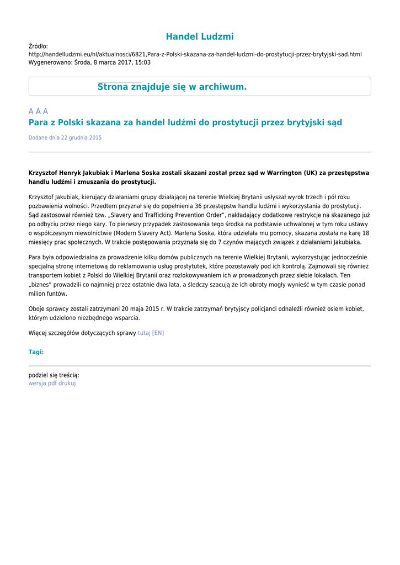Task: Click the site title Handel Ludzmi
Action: pyautogui.click(x=200, y=36)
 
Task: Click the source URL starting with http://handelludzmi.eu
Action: pyautogui.click(x=195, y=55)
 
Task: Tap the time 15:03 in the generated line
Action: pyautogui.click(x=143, y=63)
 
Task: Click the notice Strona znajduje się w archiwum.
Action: pyautogui.click(x=172, y=87)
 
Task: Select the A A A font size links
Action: pyautogui.click(x=38, y=111)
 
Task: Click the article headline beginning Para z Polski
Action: pyautogui.click(x=185, y=122)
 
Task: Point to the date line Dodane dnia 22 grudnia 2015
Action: pyautogui.click(x=65, y=137)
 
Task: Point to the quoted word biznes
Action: pyautogui.click(x=42, y=285)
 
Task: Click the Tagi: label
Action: pyautogui.click(x=36, y=351)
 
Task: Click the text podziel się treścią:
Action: pyautogui.click(x=54, y=375)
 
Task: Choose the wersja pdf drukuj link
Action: pyautogui.click(x=52, y=383)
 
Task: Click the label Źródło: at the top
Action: pyautogui.click(x=38, y=46)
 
